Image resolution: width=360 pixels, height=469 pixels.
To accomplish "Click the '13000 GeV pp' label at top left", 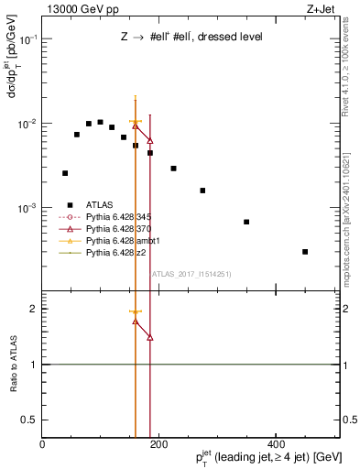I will click(76, 10).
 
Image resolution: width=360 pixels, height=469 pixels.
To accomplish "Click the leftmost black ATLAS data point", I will click(65, 172).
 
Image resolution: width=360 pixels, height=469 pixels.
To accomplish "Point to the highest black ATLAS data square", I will click(100, 122).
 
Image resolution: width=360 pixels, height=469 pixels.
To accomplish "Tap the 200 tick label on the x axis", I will click(159, 444).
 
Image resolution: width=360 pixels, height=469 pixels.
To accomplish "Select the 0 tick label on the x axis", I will click(43, 444).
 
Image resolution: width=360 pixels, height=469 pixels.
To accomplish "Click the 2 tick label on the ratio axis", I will click(34, 309).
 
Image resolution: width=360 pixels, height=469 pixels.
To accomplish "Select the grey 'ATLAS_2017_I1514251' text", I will click(184, 273).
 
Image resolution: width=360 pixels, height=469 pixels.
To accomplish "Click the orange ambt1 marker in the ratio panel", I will click(136, 312).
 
